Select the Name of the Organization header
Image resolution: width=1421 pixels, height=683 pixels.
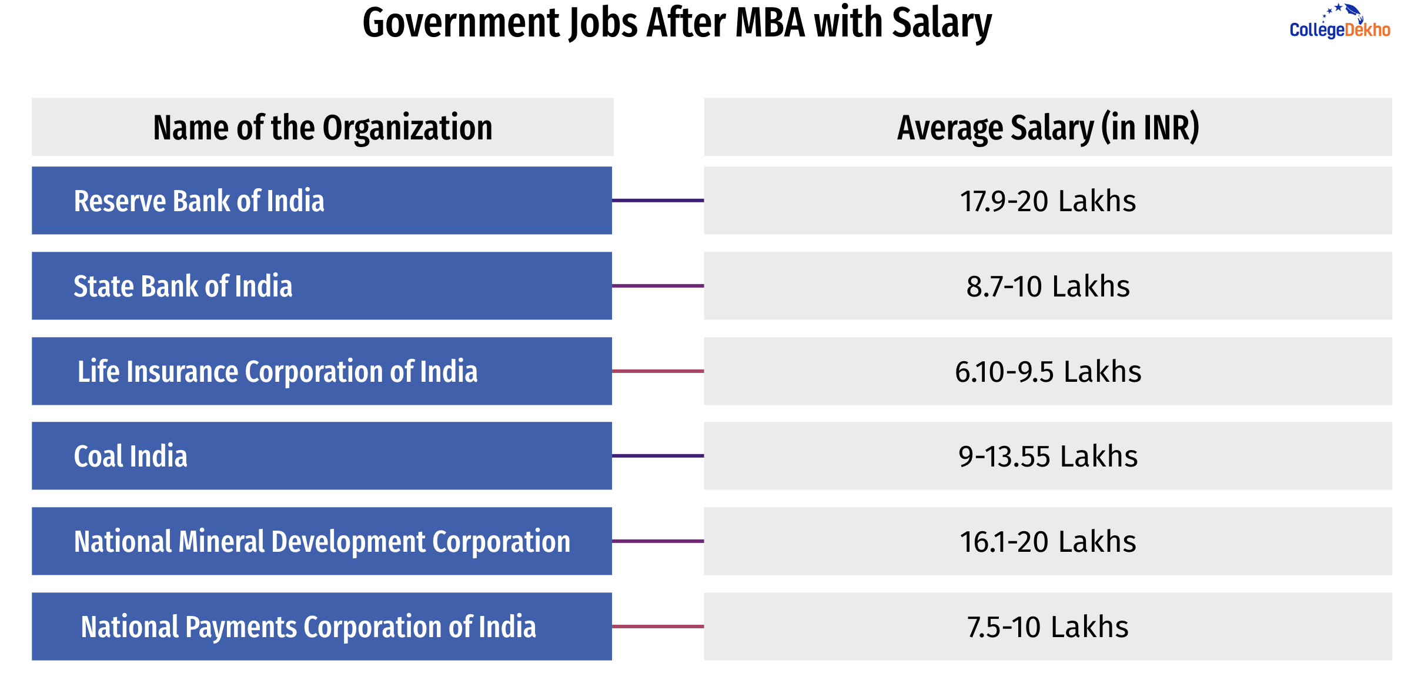coord(323,128)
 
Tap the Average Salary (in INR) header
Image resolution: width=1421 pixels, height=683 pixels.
coord(1048,128)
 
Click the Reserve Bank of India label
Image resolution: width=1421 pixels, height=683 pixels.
coord(199,201)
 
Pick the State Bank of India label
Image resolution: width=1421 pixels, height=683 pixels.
coord(183,286)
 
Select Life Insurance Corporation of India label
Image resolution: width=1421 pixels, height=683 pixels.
coord(277,372)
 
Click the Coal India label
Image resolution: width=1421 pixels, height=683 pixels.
coord(131,457)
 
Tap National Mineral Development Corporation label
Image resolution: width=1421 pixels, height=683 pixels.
coord(322,542)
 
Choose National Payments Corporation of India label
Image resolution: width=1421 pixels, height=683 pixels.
coord(309,627)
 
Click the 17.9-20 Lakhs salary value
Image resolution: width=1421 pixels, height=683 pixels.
coord(1048,201)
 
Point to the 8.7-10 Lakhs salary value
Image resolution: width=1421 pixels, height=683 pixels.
coord(1048,286)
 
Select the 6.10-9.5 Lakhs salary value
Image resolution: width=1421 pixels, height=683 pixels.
coord(1048,372)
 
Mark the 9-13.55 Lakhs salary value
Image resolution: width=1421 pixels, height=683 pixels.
coord(1048,457)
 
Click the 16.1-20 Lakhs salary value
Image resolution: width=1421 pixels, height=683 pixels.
coord(1048,542)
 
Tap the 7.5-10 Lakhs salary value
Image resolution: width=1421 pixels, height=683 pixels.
coord(1048,627)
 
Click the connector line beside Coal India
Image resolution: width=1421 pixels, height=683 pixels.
coord(658,456)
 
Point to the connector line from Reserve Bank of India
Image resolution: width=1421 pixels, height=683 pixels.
coord(658,201)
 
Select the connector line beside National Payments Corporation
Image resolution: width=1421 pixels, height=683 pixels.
coord(658,627)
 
